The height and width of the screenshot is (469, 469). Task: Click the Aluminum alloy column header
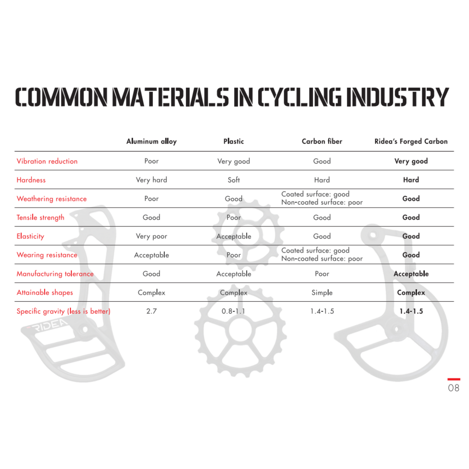click(151, 141)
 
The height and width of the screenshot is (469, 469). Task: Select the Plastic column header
click(233, 141)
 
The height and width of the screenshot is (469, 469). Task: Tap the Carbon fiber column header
click(322, 141)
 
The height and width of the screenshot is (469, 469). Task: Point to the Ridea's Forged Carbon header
click(411, 141)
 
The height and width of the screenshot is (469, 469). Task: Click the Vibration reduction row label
click(47, 161)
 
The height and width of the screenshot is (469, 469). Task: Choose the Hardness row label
click(31, 180)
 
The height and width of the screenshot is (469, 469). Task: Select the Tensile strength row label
click(40, 217)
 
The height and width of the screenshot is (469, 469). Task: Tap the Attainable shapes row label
click(45, 292)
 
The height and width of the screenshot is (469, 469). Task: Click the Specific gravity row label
click(63, 311)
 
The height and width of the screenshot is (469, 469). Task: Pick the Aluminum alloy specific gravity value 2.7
click(151, 311)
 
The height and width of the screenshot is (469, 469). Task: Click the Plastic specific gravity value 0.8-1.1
click(233, 311)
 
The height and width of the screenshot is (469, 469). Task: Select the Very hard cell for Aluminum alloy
click(151, 180)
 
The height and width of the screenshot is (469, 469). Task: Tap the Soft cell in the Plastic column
click(233, 180)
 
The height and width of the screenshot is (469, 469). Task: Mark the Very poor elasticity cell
click(151, 236)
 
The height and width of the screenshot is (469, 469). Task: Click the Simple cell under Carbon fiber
click(322, 292)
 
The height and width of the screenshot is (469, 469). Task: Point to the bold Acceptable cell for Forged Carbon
click(411, 274)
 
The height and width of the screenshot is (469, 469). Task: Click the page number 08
click(453, 388)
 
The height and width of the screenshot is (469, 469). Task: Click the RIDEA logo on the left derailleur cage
click(49, 326)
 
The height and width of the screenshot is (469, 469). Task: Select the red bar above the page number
click(454, 379)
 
